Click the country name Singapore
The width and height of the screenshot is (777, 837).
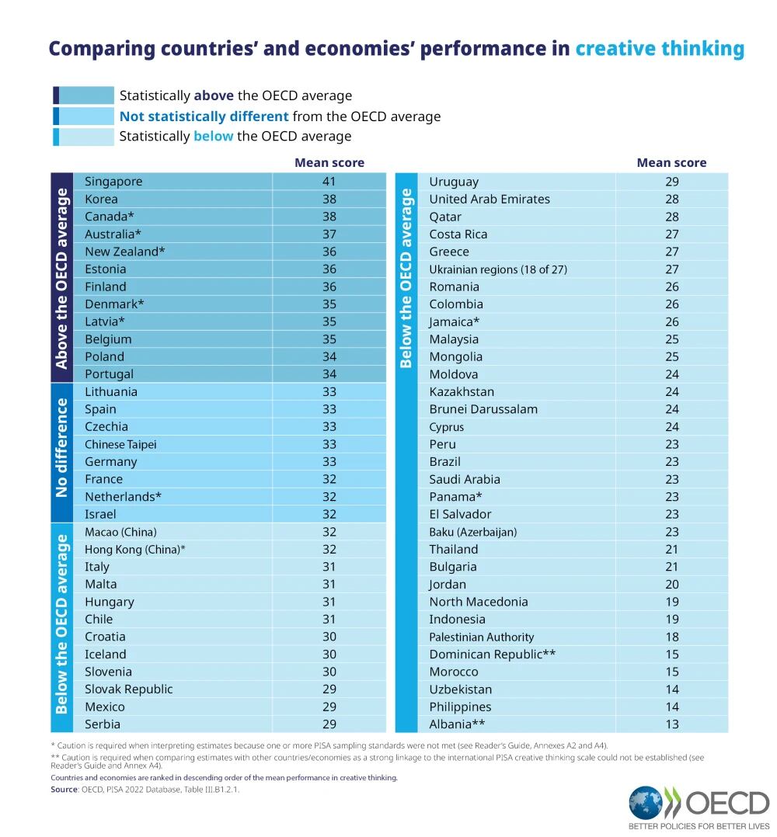pos(113,182)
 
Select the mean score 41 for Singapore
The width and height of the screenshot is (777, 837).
pos(329,182)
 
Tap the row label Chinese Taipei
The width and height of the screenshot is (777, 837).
pos(120,444)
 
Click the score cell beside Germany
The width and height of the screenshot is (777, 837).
pos(329,462)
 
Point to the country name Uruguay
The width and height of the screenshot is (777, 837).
pos(454,182)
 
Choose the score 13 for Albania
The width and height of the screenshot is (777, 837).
pos(671,724)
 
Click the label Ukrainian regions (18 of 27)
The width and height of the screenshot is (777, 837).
pos(498,269)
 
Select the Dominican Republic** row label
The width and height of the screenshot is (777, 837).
pos(492,655)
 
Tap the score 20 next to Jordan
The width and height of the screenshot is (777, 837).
pos(671,585)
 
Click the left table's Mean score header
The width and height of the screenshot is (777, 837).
pos(329,162)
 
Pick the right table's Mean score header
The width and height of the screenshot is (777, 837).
pos(671,162)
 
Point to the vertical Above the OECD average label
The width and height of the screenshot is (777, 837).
pos(62,277)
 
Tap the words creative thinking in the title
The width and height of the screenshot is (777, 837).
pos(660,49)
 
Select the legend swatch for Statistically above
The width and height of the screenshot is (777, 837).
pos(83,96)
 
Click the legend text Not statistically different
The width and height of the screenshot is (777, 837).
pos(204,116)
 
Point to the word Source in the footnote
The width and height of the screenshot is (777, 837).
pos(64,789)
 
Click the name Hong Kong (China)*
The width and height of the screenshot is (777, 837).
pos(135,550)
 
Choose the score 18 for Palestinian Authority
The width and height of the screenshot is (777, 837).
pos(671,637)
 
